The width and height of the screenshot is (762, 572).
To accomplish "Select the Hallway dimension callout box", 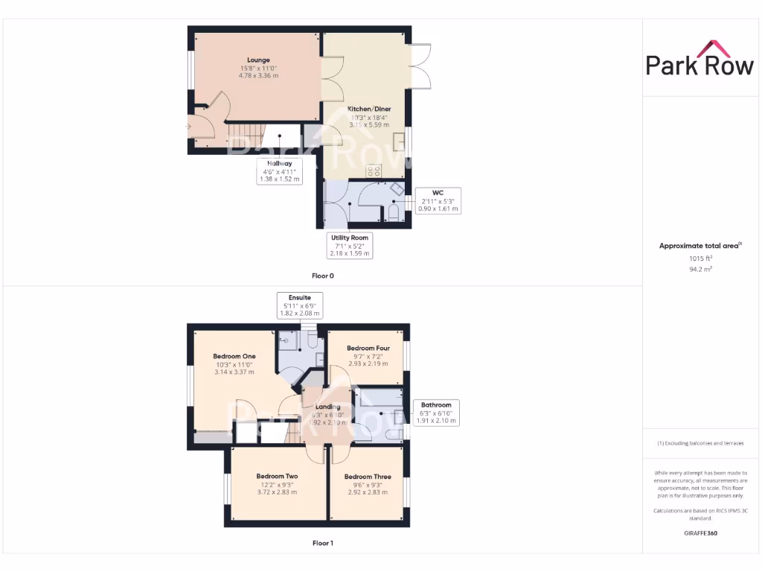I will coord(279,171).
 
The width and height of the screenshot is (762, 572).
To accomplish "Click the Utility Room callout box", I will coord(349,246).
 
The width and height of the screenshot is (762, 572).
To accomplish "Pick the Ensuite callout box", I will coord(299,305).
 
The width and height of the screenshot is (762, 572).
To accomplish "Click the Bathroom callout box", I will coord(435,413).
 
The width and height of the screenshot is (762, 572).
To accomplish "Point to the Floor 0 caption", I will coord(322,276).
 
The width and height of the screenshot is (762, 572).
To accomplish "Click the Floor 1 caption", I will coord(322,543).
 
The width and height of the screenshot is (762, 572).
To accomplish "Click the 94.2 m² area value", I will coord(700,269).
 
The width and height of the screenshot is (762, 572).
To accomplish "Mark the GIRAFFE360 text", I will coord(700,533).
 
